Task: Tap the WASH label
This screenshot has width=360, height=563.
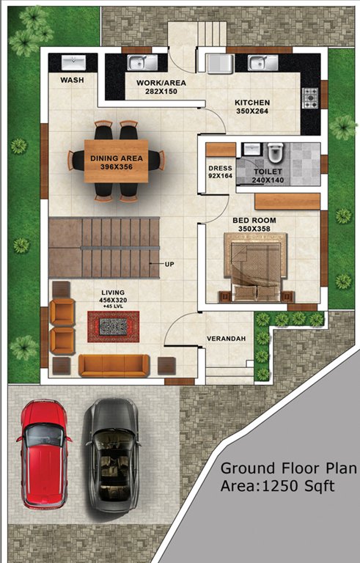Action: [71, 80]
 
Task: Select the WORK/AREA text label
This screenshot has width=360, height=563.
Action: [161, 83]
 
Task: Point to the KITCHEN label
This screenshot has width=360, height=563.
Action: [252, 103]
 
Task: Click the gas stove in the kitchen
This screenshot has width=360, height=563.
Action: [311, 95]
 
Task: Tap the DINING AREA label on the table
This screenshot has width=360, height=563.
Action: [117, 158]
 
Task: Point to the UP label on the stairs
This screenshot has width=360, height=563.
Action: [169, 263]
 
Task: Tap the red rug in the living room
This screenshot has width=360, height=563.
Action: [113, 324]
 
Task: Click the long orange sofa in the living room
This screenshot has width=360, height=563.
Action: [114, 364]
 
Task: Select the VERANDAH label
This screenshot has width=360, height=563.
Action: [227, 339]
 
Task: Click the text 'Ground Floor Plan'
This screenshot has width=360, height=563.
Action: [288, 468]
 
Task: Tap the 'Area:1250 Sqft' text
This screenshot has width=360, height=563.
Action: [276, 485]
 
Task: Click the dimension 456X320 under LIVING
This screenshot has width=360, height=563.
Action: [114, 300]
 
